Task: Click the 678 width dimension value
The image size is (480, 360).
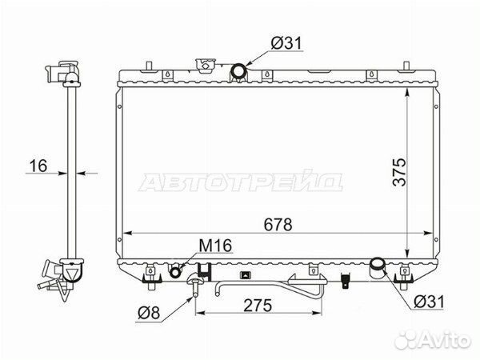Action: (278, 225)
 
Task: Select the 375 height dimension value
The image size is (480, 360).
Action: (399, 172)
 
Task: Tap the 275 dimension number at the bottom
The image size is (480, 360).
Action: (258, 305)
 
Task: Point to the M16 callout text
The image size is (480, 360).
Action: (215, 246)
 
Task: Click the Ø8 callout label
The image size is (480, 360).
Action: (149, 313)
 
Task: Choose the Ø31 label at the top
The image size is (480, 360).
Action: (286, 43)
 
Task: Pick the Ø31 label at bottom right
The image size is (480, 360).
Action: (429, 302)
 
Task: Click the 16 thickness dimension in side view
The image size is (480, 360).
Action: (38, 166)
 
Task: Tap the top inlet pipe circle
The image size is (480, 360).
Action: (238, 71)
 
